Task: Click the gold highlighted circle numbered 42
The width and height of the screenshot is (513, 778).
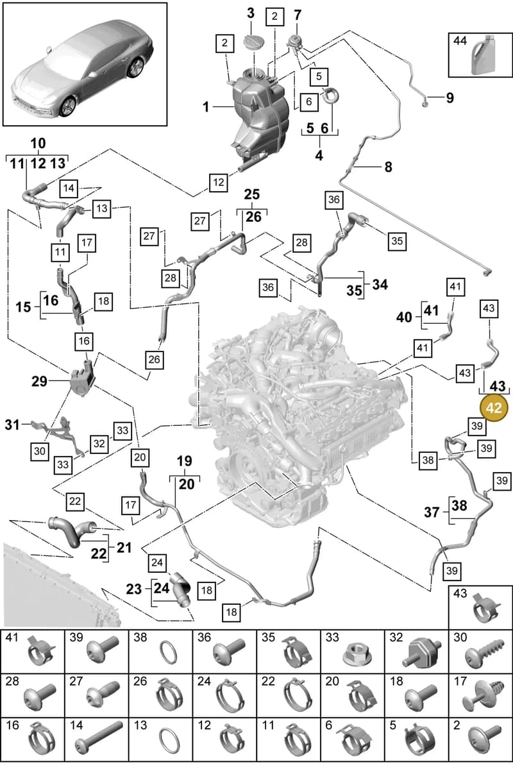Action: point(494,407)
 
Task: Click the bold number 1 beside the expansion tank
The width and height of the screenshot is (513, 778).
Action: point(206,106)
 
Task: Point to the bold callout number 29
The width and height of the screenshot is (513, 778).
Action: point(39,381)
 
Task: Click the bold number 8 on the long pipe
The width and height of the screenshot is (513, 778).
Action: point(389,167)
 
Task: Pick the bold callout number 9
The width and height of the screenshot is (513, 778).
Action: point(450,97)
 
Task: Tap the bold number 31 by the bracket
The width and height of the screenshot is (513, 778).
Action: point(12,425)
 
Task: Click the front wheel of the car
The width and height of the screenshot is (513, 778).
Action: point(67,106)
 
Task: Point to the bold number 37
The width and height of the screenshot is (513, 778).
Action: point(432,512)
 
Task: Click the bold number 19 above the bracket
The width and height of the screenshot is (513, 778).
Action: point(185,461)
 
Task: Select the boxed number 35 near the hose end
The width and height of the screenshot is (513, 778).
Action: point(397,241)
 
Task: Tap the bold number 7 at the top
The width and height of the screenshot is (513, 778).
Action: point(298,15)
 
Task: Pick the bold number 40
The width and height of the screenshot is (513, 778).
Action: point(404,317)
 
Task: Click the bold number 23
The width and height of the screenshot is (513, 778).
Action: point(134,589)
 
